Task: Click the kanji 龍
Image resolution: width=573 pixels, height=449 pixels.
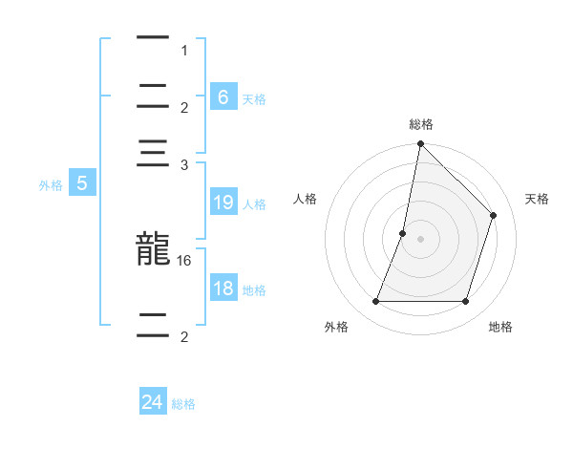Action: click(x=153, y=250)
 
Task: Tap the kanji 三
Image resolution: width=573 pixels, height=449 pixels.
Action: click(x=153, y=157)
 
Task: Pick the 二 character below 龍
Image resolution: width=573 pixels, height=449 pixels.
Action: click(x=153, y=323)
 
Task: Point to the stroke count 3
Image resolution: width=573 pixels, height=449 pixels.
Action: click(x=184, y=165)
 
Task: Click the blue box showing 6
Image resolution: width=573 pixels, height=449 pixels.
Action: click(x=223, y=96)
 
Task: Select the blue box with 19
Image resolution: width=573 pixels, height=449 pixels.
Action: click(x=223, y=203)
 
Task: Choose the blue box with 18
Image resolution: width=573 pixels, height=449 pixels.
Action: click(x=223, y=289)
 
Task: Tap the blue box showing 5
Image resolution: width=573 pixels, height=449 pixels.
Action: click(x=82, y=183)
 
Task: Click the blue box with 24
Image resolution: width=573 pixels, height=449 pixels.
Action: click(x=153, y=402)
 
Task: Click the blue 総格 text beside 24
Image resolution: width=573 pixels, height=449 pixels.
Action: click(x=183, y=404)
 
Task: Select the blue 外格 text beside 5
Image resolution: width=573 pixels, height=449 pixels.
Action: click(x=51, y=185)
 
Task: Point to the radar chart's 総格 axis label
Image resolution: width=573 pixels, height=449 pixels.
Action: click(x=421, y=124)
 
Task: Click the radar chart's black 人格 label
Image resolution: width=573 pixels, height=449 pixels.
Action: click(x=306, y=199)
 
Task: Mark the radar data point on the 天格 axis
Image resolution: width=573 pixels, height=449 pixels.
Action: click(x=494, y=215)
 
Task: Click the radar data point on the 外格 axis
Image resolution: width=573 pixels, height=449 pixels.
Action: click(x=375, y=302)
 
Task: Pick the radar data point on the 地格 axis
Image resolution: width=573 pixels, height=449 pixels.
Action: click(x=466, y=302)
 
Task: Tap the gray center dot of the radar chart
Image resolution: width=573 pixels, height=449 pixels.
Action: click(x=420, y=239)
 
